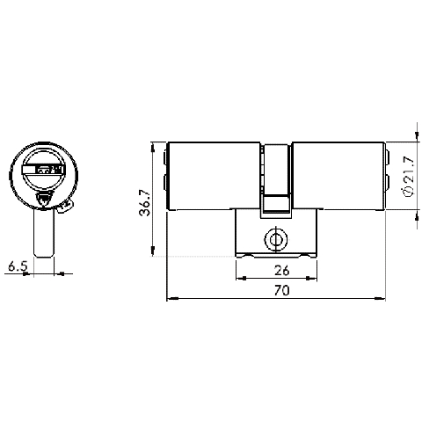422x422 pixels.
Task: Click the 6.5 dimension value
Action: tap(17, 264)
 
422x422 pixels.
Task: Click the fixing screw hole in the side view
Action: tap(277, 237)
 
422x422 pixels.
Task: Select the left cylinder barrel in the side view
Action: tap(216, 176)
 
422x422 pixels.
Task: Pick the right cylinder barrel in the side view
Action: tap(338, 176)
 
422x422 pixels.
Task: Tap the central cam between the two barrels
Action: tap(277, 176)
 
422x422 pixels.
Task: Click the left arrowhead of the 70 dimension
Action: tap(171, 298)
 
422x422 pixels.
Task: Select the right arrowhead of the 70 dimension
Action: tap(382, 298)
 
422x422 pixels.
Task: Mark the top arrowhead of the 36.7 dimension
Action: tap(155, 145)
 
